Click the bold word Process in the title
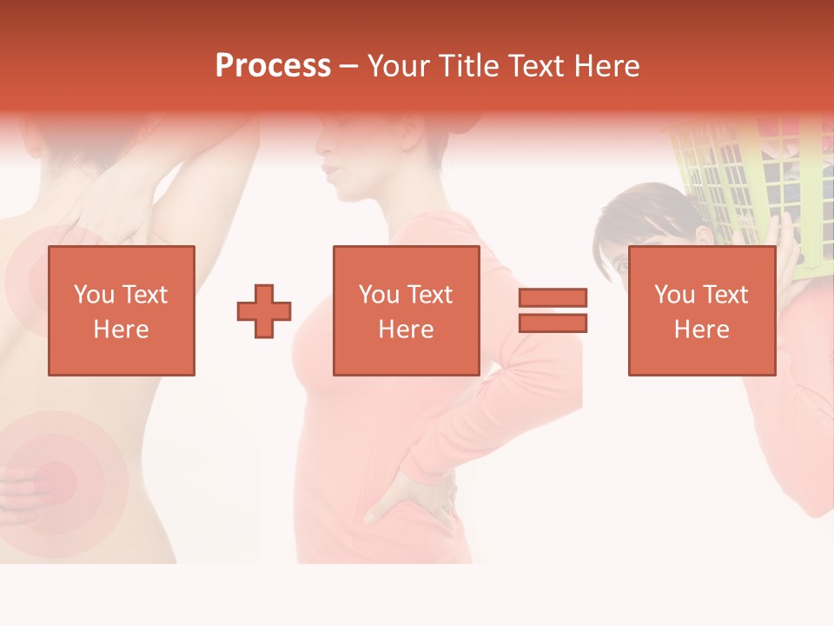(273, 65)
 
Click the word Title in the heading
(467, 65)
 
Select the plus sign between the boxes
(264, 310)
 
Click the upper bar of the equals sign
(553, 297)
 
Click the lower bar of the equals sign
(553, 323)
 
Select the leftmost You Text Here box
(121, 310)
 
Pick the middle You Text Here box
(406, 310)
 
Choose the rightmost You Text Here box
(701, 310)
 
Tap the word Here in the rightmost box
(701, 330)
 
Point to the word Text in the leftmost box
(143, 295)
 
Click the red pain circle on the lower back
(54, 476)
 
